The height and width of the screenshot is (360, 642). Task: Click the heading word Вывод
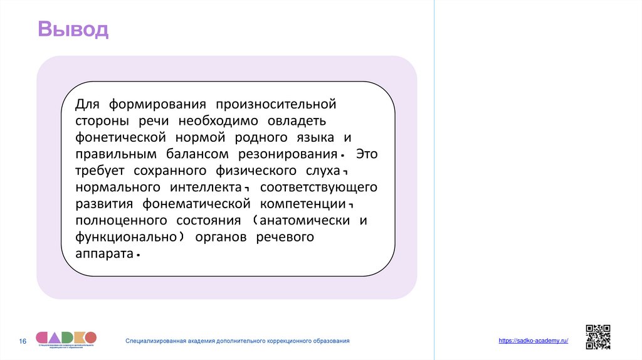73,29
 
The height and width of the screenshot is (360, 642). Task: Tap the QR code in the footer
597,337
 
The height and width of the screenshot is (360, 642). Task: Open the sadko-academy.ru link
534,340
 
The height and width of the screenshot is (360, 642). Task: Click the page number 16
23,341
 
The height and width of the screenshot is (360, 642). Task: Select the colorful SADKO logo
66,337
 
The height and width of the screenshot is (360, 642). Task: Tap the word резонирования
288,154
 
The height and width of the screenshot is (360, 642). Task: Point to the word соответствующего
318,188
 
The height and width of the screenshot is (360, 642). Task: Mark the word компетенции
304,204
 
